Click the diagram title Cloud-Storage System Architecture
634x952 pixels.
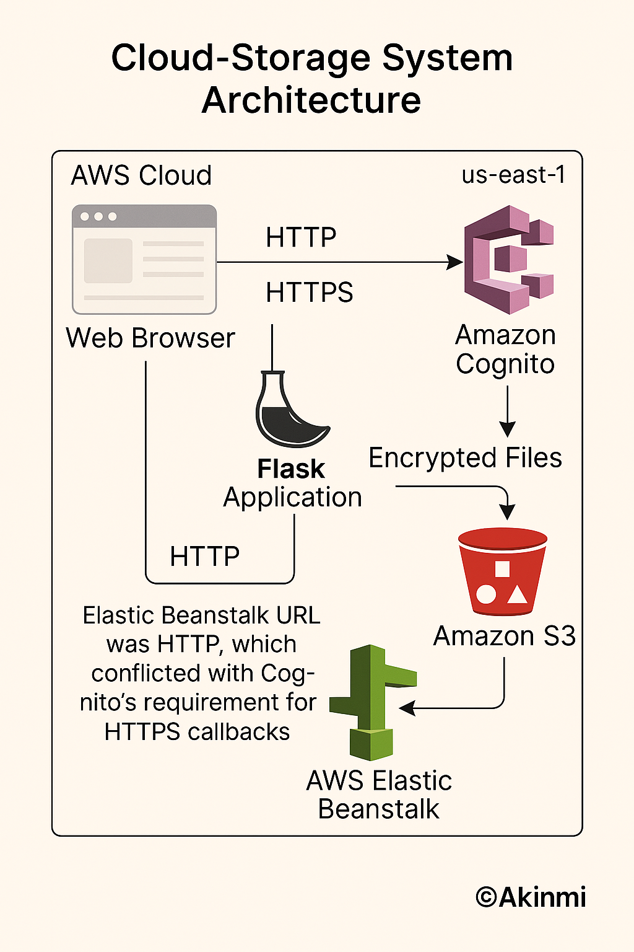click(312, 79)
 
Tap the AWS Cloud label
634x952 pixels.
click(141, 175)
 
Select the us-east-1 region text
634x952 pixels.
click(513, 175)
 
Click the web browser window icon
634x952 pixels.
click(144, 260)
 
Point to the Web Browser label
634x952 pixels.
click(150, 338)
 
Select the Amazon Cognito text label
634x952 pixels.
click(505, 350)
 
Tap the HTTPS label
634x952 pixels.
click(309, 293)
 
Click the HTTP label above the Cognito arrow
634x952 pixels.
click(301, 237)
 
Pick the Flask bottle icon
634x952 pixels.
click(289, 410)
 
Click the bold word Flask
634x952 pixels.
click(290, 469)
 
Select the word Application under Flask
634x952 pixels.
click(292, 497)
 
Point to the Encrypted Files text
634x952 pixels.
click(465, 458)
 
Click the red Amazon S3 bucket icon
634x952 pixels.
click(502, 571)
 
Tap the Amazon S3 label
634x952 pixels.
click(504, 637)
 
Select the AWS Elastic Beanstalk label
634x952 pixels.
click(379, 795)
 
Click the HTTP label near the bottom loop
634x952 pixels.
click(204, 557)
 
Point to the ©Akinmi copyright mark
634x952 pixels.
click(531, 897)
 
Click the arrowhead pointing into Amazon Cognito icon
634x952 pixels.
click(456, 262)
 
